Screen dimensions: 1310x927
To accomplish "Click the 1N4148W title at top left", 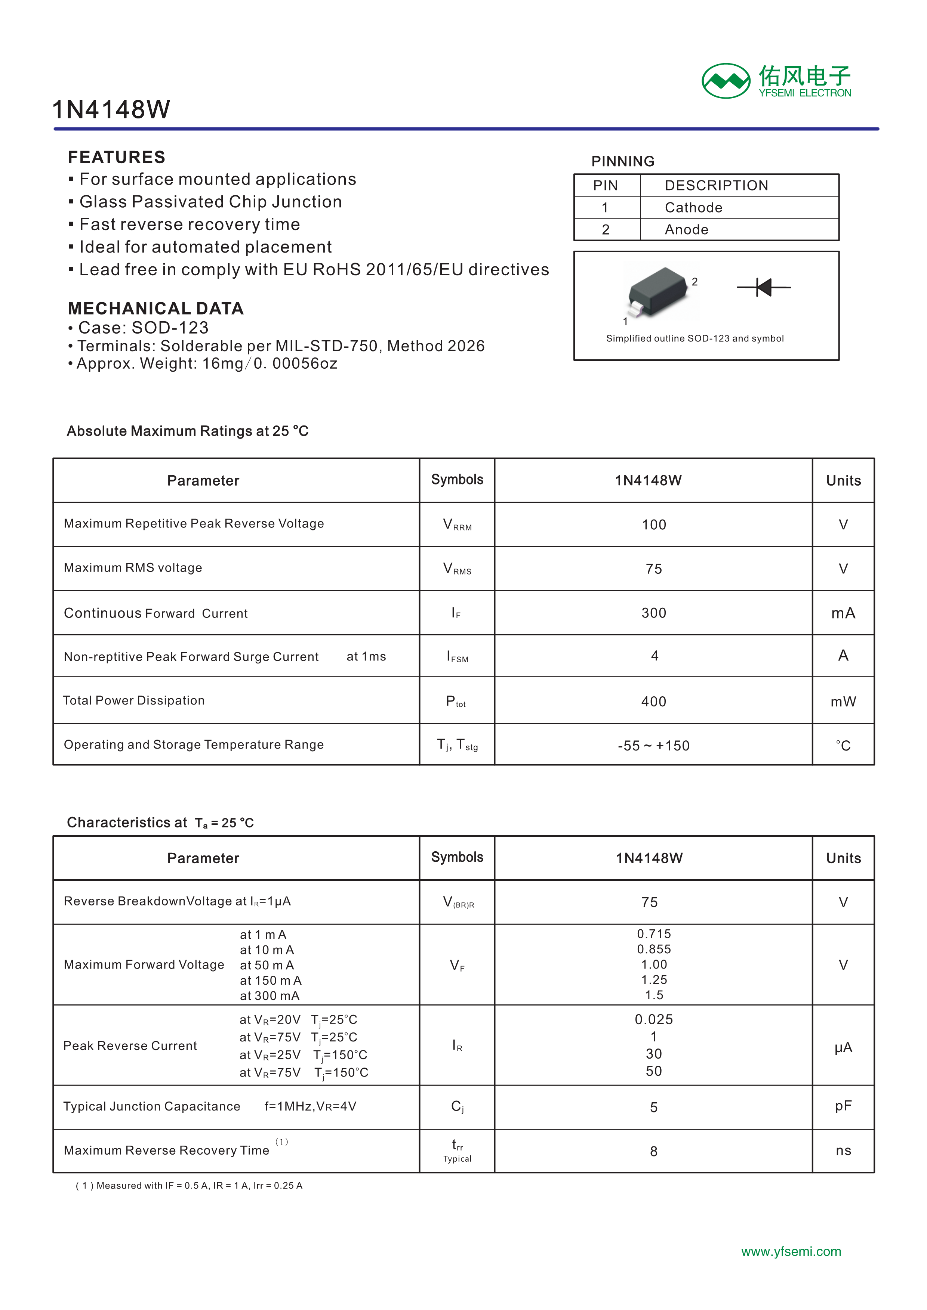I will pyautogui.click(x=111, y=109).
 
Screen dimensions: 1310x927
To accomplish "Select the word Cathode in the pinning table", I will pyautogui.click(x=693, y=208).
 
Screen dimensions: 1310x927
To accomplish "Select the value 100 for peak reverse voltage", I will pyautogui.click(x=654, y=525).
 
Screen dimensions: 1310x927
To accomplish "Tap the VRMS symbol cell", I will pyautogui.click(x=457, y=569).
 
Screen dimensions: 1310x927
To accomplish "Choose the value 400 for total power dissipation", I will pyautogui.click(x=654, y=702).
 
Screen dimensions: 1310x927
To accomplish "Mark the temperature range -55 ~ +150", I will pyautogui.click(x=654, y=746).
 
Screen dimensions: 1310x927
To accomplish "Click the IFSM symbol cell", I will pyautogui.click(x=457, y=657).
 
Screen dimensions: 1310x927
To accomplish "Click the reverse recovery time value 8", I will pyautogui.click(x=654, y=1151).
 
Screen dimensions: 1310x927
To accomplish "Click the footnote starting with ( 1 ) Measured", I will pyautogui.click(x=189, y=1186).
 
